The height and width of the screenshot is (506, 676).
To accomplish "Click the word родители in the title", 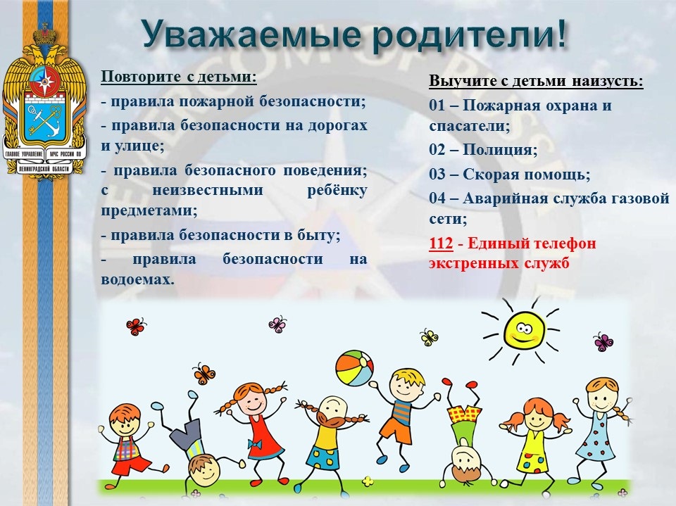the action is [x=462, y=35].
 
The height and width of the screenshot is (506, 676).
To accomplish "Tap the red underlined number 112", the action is [x=441, y=243].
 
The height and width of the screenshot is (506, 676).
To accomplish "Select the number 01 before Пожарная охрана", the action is [x=437, y=106].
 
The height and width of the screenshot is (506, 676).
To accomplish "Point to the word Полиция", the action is [x=500, y=151].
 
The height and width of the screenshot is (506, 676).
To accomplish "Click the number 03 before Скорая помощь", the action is [x=437, y=175].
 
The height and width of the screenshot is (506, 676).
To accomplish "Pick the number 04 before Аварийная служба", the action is [x=437, y=198].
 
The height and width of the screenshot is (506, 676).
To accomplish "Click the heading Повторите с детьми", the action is [x=179, y=77].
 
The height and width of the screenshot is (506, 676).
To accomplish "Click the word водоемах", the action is [x=137, y=279].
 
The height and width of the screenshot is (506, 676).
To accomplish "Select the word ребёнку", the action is [x=337, y=191].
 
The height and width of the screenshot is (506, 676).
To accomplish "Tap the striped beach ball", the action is [x=354, y=369].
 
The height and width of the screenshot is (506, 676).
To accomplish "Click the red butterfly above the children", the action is [x=136, y=327].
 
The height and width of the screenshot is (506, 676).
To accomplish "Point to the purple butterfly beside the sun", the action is [x=603, y=342].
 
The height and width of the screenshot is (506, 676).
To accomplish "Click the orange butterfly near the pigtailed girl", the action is [x=204, y=373].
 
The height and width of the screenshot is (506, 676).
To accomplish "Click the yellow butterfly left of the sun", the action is [x=429, y=338].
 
